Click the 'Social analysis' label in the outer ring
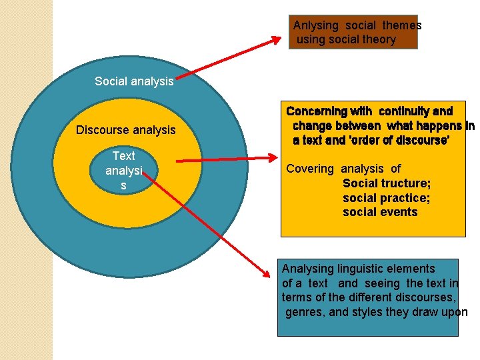(134, 81)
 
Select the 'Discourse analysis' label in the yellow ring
(125, 130)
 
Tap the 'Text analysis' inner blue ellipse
(123, 170)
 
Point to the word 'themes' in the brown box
(402, 25)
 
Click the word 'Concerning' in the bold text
(317, 111)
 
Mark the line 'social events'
(380, 212)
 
